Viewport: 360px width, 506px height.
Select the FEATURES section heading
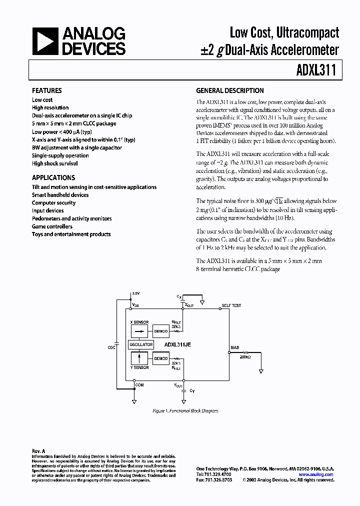click(x=46, y=90)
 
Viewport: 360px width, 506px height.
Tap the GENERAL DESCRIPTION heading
click(x=229, y=90)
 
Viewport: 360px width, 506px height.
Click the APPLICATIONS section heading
click(x=53, y=177)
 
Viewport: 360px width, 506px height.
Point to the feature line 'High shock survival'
click(x=54, y=163)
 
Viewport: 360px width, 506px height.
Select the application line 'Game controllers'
click(x=52, y=226)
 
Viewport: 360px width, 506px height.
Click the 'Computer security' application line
click(x=53, y=202)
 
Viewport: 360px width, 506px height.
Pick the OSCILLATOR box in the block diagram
click(x=141, y=344)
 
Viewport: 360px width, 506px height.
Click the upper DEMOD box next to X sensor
click(x=161, y=330)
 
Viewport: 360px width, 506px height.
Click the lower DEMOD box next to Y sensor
click(x=161, y=358)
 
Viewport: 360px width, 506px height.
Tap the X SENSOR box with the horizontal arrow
click(x=140, y=330)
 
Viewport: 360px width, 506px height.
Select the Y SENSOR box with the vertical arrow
click(x=140, y=358)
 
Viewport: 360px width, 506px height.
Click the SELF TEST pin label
click(x=231, y=305)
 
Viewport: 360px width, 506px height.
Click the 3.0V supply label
click(x=136, y=293)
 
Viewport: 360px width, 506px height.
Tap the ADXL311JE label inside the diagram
click(x=178, y=344)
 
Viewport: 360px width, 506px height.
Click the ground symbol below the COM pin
click(x=133, y=401)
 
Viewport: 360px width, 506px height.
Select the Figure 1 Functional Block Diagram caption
click(x=185, y=411)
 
